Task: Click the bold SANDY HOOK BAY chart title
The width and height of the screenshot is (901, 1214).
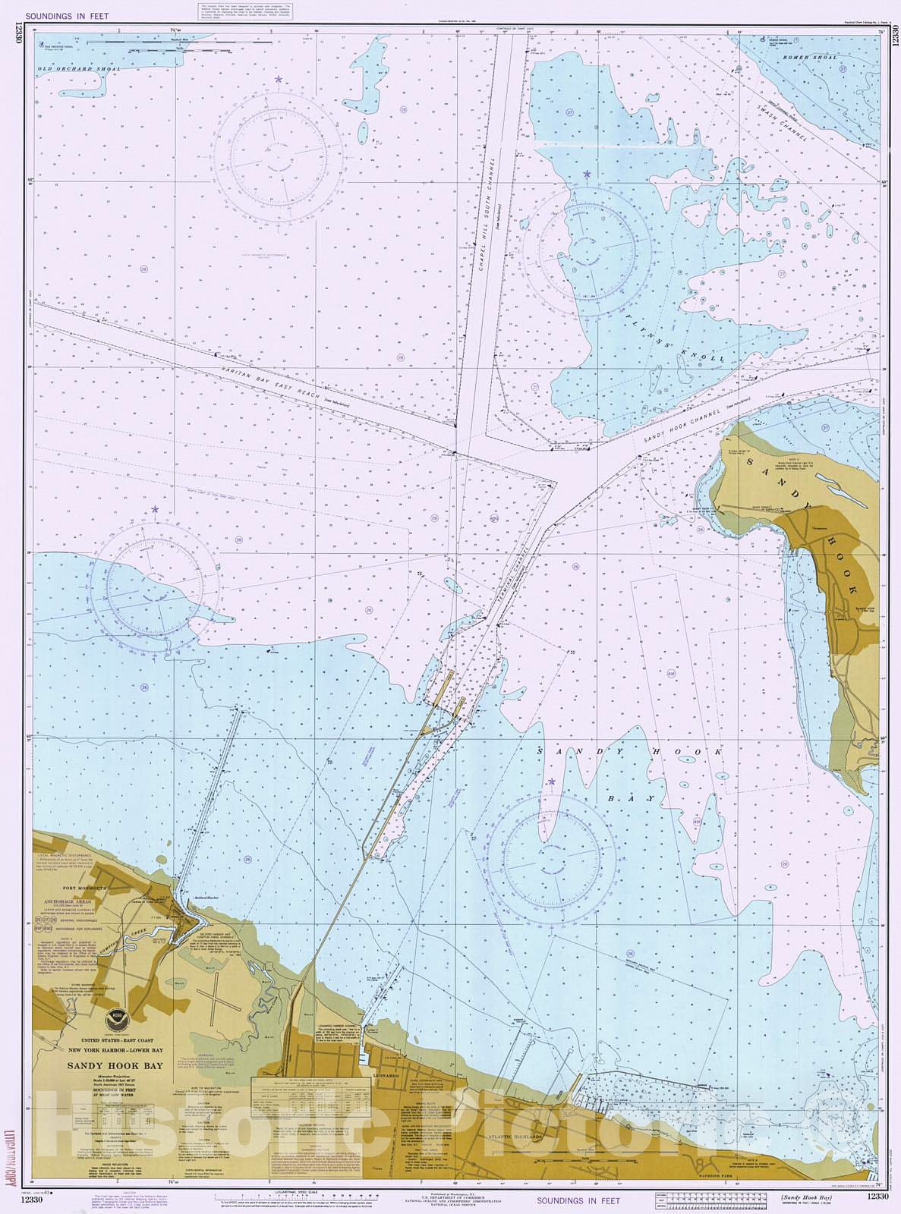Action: tap(115, 1066)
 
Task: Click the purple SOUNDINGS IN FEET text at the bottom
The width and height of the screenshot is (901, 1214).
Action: tap(578, 1200)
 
